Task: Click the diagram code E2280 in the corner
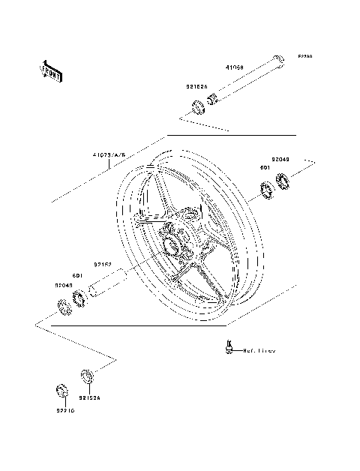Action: click(x=306, y=56)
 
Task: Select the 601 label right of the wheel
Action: click(x=265, y=169)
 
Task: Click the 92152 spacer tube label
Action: click(x=103, y=264)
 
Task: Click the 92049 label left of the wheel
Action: click(x=63, y=286)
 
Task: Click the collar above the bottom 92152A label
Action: click(x=86, y=374)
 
